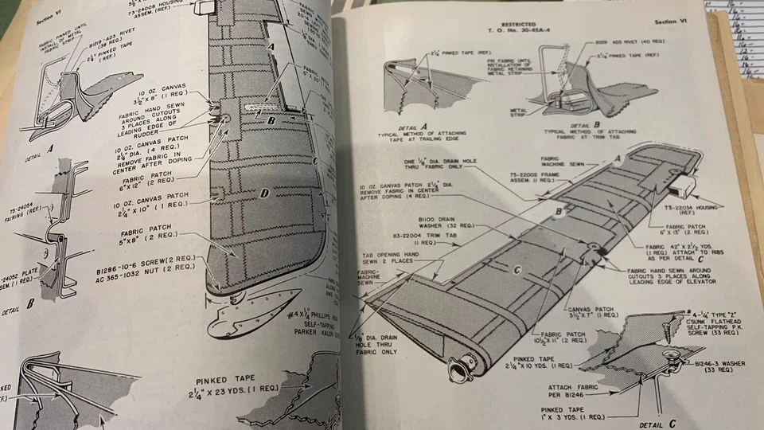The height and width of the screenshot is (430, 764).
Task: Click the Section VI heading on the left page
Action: pos(39,21)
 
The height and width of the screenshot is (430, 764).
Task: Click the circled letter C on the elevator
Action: pos(517,272)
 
